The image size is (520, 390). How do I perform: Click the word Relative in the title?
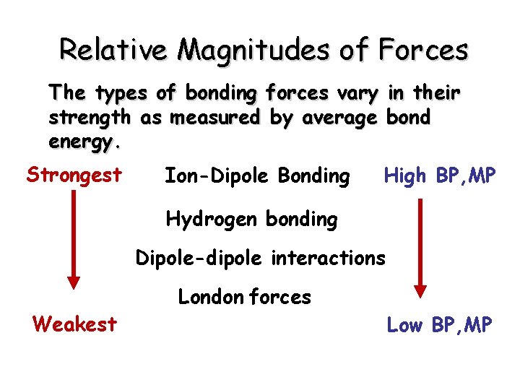pyautogui.click(x=113, y=50)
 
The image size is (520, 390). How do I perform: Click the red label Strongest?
pyautogui.click(x=74, y=175)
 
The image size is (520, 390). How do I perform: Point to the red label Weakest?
pyautogui.click(x=74, y=324)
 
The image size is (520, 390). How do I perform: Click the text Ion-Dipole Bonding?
pyautogui.click(x=257, y=175)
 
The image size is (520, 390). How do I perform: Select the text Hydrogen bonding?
pyautogui.click(x=251, y=219)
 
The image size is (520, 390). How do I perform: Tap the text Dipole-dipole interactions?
pyautogui.click(x=261, y=257)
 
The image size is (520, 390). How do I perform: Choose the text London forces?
pyautogui.click(x=244, y=296)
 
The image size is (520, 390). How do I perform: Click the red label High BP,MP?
pyautogui.click(x=440, y=175)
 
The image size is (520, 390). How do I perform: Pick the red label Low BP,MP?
pyautogui.click(x=440, y=325)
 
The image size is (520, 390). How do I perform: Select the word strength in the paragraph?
pyautogui.click(x=90, y=118)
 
